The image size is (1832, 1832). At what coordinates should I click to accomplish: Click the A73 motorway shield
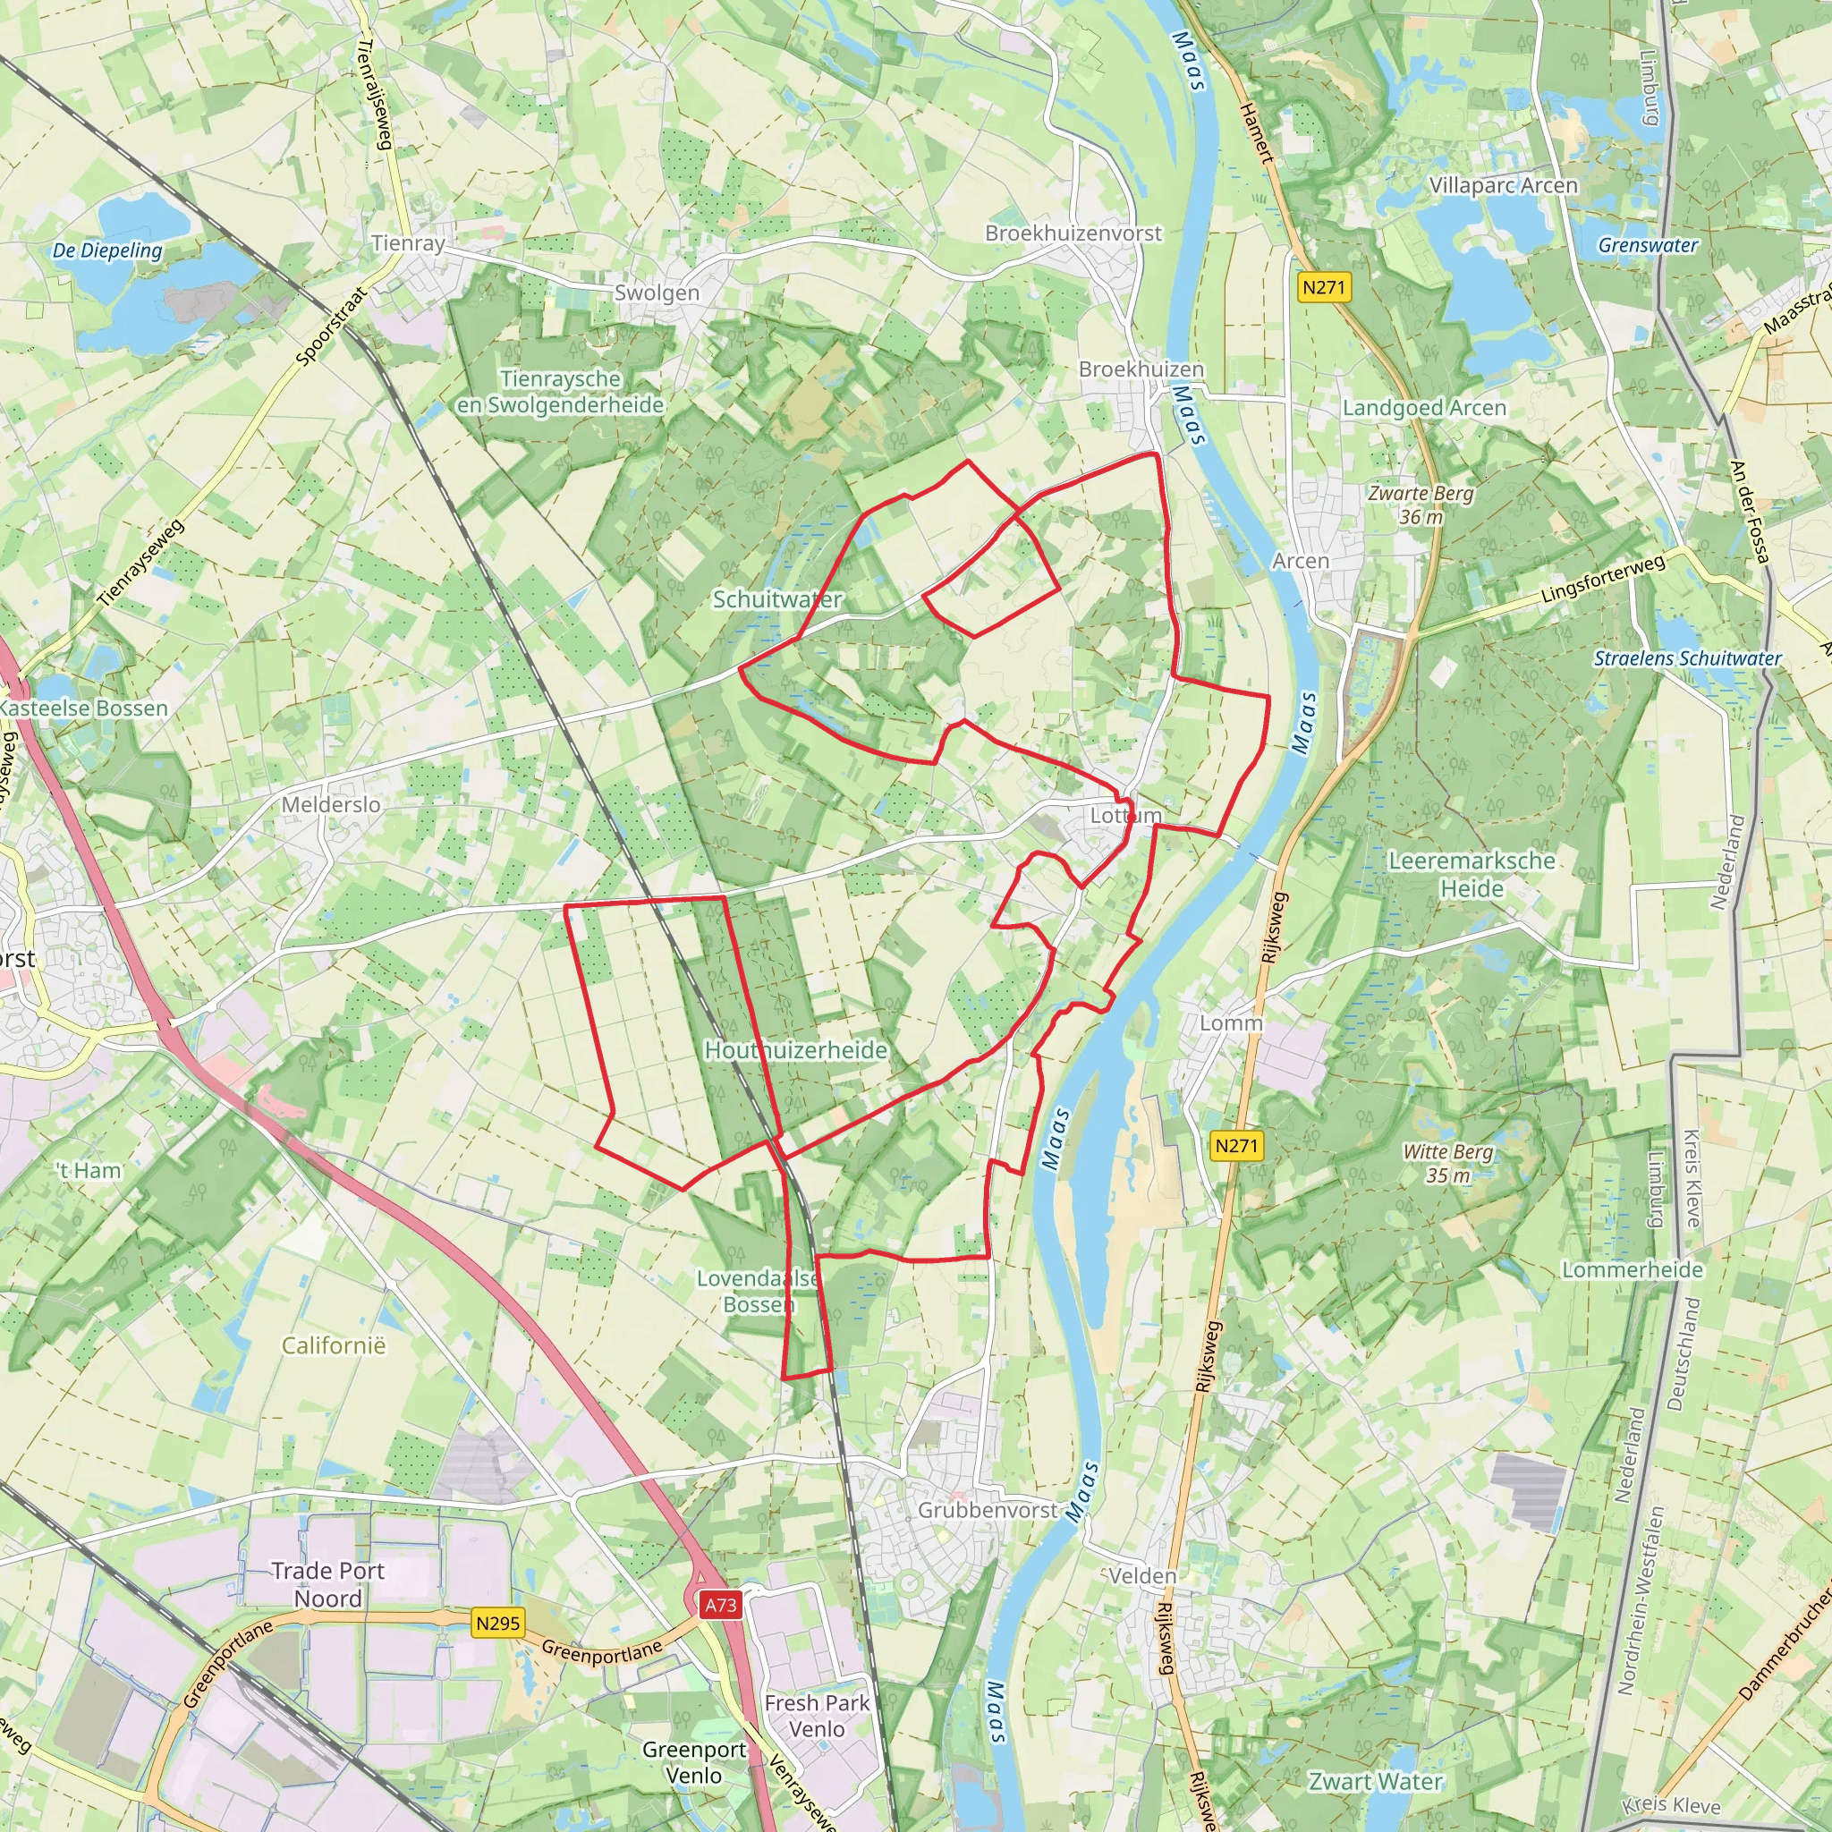pyautogui.click(x=721, y=1606)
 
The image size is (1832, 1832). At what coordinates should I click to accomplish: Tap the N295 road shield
pyautogui.click(x=498, y=1624)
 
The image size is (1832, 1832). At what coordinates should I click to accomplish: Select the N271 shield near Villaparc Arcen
pyautogui.click(x=1324, y=287)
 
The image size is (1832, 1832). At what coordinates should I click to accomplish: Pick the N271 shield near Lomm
pyautogui.click(x=1236, y=1146)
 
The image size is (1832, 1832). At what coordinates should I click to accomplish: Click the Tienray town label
pyautogui.click(x=409, y=243)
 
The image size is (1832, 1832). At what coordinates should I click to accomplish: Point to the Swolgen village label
pyautogui.click(x=657, y=293)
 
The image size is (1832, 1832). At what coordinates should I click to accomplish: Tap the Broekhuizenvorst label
pyautogui.click(x=1073, y=233)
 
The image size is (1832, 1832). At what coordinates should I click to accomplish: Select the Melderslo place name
pyautogui.click(x=331, y=805)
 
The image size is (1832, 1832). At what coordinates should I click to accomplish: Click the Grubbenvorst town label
pyautogui.click(x=986, y=1510)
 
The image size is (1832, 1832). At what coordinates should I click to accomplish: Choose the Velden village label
pyautogui.click(x=1141, y=1576)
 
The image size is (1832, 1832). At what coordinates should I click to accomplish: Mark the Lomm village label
pyautogui.click(x=1231, y=1023)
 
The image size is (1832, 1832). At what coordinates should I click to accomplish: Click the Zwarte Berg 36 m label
pyautogui.click(x=1421, y=505)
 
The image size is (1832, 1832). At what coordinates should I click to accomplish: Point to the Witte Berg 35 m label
pyautogui.click(x=1448, y=1164)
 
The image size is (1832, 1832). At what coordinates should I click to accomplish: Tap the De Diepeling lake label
pyautogui.click(x=107, y=250)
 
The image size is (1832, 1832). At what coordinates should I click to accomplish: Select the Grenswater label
pyautogui.click(x=1648, y=244)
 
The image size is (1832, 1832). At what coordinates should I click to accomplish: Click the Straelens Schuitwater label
pyautogui.click(x=1688, y=658)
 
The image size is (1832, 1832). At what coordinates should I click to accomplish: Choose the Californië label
pyautogui.click(x=334, y=1345)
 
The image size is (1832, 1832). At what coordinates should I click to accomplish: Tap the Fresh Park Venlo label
pyautogui.click(x=817, y=1716)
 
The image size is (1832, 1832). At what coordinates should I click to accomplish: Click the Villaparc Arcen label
pyautogui.click(x=1503, y=186)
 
